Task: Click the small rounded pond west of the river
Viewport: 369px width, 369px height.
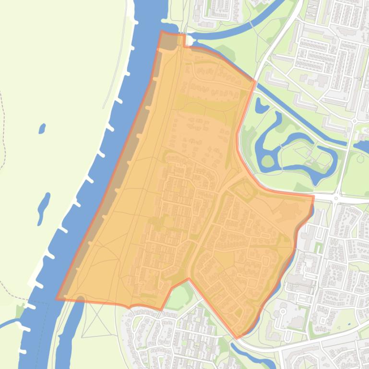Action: pyautogui.click(x=42, y=128)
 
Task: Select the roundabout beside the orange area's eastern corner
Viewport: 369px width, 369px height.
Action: pyautogui.click(x=336, y=197)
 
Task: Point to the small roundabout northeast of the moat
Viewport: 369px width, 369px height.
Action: pyautogui.click(x=354, y=121)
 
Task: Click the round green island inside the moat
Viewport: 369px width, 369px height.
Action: pyautogui.click(x=267, y=161)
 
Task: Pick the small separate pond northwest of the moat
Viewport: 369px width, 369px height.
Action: pyautogui.click(x=261, y=105)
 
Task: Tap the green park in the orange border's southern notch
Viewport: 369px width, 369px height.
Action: pyautogui.click(x=179, y=297)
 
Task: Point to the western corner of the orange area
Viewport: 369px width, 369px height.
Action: pyautogui.click(x=57, y=299)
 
